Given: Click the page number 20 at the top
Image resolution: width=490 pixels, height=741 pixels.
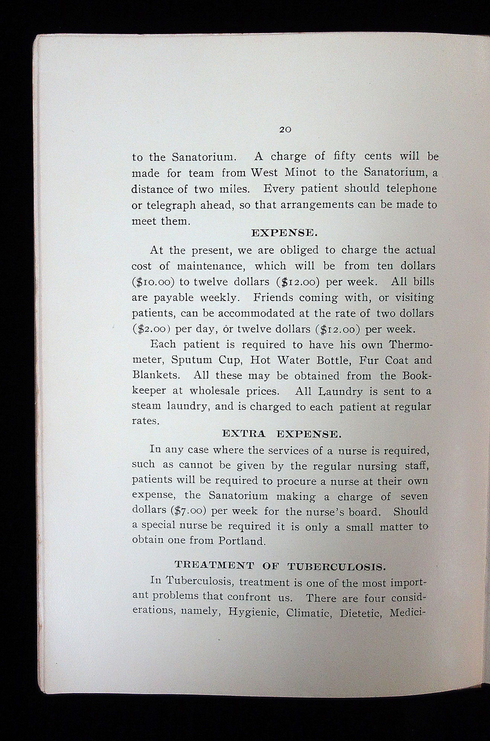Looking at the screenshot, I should (x=285, y=130).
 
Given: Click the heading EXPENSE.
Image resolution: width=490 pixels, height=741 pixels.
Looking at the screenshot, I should (x=284, y=233).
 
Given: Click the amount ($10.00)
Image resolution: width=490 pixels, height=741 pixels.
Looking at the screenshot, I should (x=153, y=282).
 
